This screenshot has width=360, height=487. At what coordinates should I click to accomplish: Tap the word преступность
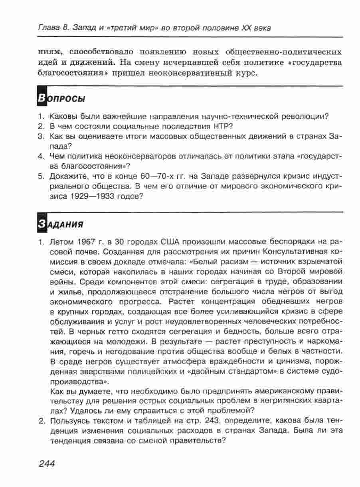pos(261,342)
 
